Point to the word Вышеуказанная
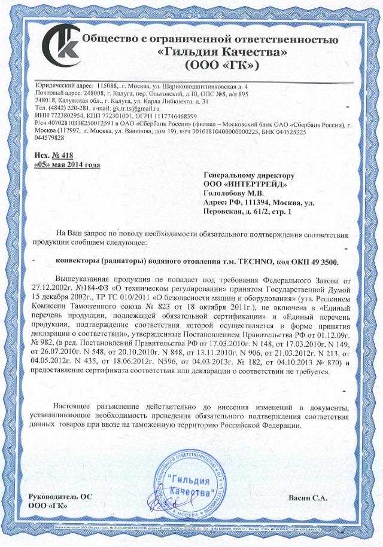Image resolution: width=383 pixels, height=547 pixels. coord(87,279)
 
